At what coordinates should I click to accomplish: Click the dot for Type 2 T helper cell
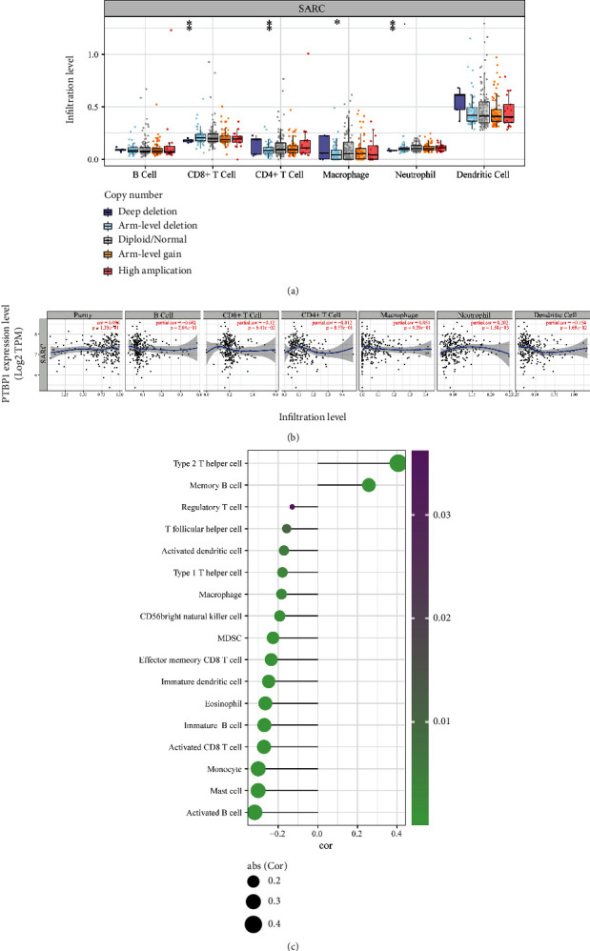pos(398,463)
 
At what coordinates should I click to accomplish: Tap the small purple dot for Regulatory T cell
pos(292,507)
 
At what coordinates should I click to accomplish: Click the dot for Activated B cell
pos(254,812)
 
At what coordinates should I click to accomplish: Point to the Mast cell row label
pos(222,790)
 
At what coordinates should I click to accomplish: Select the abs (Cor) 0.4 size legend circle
pos(253,923)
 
